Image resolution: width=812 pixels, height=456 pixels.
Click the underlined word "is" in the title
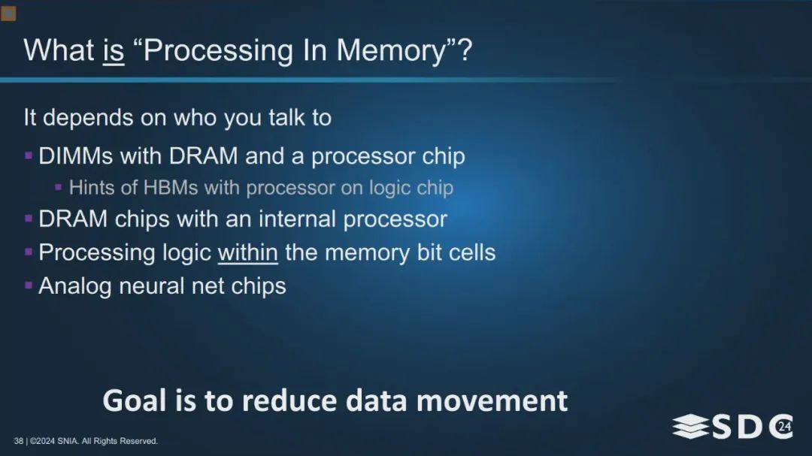pos(114,51)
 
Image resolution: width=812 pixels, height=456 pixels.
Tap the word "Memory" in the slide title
pos(392,51)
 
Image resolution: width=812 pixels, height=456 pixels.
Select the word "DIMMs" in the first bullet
pos(76,156)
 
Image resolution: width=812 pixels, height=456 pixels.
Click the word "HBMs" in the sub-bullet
pos(171,187)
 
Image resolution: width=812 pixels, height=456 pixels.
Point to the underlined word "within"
pos(247,252)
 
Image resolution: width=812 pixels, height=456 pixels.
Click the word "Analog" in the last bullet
pos(75,286)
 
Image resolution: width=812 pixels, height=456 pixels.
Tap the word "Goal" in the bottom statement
pos(134,400)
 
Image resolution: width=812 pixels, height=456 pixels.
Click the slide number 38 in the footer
pos(19,441)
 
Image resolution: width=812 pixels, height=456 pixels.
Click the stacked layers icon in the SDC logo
pos(690,426)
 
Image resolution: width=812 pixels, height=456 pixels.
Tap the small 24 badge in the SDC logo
pos(784,427)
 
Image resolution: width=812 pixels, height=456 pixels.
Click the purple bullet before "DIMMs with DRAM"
pos(29,156)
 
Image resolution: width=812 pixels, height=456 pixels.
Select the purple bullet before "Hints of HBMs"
pos(59,187)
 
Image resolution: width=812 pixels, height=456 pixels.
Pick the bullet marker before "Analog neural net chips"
pos(29,285)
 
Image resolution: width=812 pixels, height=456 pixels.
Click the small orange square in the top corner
pos(8,14)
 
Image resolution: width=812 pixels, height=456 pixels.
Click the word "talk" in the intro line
pos(286,117)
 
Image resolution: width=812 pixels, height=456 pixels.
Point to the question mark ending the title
pos(465,51)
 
